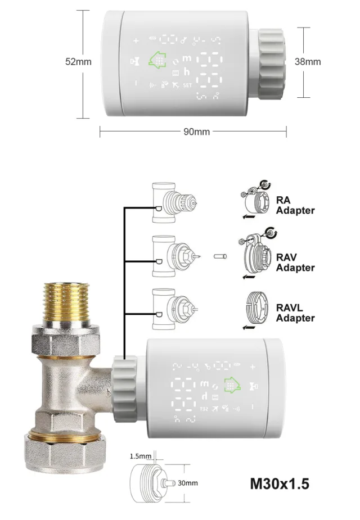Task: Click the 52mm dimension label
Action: (x=78, y=62)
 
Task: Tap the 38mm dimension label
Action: (x=308, y=62)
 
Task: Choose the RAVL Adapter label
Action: (x=295, y=313)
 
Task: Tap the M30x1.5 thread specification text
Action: (x=279, y=483)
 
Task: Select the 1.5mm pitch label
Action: (x=141, y=456)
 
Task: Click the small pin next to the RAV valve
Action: (x=219, y=257)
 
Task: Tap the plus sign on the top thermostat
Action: (x=136, y=40)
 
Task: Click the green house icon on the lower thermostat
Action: (x=230, y=386)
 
